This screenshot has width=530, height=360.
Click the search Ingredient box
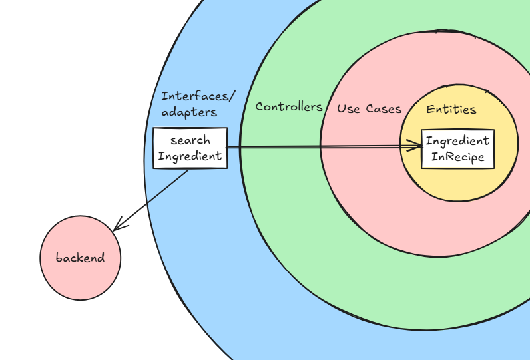coord(190,148)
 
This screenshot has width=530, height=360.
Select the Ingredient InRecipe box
coord(457,149)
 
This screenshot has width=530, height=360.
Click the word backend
coord(80,258)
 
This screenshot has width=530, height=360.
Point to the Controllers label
coord(289,106)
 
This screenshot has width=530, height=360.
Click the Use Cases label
coord(369,108)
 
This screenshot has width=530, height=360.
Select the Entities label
coord(451,109)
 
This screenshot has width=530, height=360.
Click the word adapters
coord(189,112)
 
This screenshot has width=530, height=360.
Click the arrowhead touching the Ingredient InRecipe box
coord(417,145)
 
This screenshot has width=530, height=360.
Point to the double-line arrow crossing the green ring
coord(280,147)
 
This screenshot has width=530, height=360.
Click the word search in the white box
coord(190,140)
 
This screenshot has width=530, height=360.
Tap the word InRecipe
coord(458,158)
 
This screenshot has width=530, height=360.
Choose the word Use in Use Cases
coord(348,108)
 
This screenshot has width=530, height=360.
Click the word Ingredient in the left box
coord(190,156)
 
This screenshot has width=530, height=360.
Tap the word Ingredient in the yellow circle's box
coord(457,141)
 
